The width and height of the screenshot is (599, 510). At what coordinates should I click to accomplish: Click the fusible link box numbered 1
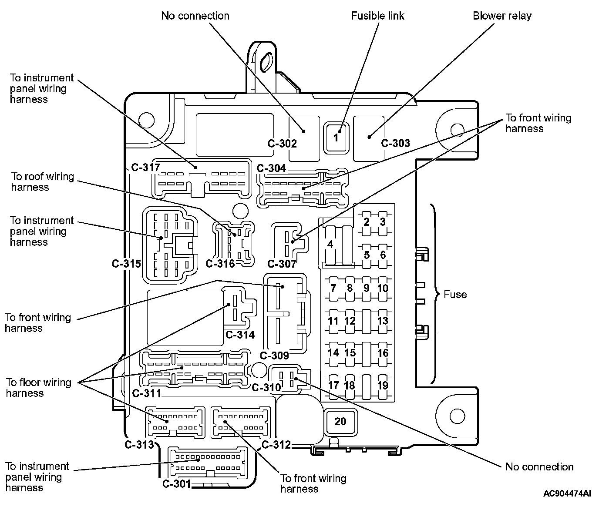coord(336,138)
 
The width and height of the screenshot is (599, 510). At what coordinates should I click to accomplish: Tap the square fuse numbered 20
coord(340,421)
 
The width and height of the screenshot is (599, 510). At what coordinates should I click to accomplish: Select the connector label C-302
coord(282,144)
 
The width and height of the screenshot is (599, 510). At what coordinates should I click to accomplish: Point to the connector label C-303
coord(396,143)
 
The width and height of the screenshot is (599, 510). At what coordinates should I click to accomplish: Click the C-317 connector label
coord(145,167)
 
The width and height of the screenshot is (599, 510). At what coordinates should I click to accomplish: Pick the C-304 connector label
coord(272,168)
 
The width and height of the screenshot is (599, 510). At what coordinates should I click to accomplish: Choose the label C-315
coord(127,264)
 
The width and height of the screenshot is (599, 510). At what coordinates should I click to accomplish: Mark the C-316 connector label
coord(220,264)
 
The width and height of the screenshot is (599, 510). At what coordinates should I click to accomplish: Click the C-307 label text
coord(282,264)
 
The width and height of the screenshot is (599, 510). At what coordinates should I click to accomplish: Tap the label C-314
coord(240,335)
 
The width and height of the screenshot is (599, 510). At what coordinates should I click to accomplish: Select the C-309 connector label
coord(274,356)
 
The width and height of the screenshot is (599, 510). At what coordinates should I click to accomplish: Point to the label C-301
coord(177,484)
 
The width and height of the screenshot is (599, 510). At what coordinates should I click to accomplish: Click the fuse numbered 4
coord(330,245)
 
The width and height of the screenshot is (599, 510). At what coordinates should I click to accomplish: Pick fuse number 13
coord(383,321)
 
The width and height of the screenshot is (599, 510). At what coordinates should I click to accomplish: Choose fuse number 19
coord(383,386)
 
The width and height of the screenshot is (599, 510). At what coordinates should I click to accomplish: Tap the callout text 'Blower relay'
coord(502,16)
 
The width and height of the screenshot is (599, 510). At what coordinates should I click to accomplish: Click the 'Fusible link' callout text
coord(377,16)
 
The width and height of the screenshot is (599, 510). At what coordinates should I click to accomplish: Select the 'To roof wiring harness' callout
coord(43,182)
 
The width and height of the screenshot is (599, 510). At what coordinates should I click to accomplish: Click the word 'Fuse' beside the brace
coord(455,295)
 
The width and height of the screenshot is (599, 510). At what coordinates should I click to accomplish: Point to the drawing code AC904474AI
coord(567,493)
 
